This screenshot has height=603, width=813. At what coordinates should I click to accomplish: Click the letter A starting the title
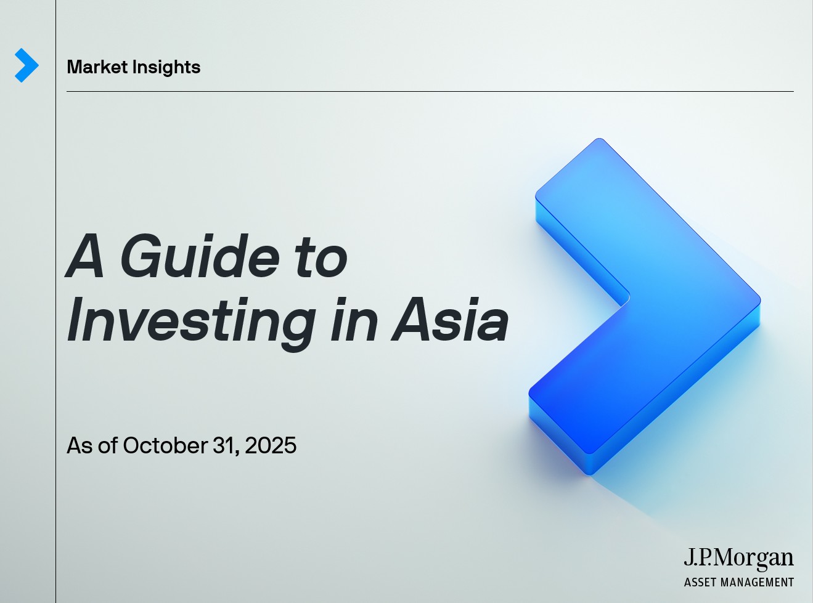point(85,256)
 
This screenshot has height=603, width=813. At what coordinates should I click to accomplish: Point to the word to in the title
point(321,257)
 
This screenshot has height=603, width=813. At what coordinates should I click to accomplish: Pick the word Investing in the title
point(192,322)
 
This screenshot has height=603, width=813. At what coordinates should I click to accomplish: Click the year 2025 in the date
point(271,445)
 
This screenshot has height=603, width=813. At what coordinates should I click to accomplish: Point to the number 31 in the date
point(225,445)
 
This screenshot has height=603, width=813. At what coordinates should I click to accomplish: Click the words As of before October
point(92,445)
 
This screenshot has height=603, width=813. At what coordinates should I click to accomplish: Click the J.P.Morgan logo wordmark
point(738,558)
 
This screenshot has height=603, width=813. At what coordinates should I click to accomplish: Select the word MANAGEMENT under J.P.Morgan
point(758,582)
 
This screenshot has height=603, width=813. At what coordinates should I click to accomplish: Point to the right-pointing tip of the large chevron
point(758,301)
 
